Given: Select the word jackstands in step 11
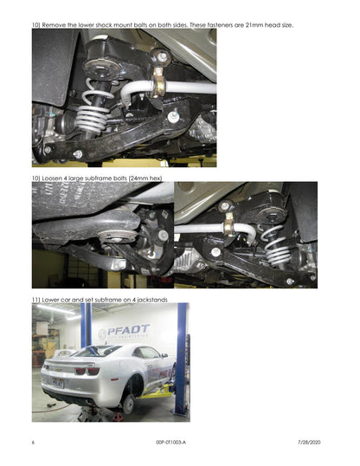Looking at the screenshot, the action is (152, 300).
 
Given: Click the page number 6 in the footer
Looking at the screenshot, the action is (33, 443).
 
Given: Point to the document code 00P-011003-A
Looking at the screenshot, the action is (170, 443).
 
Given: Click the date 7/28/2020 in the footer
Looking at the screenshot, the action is (309, 443).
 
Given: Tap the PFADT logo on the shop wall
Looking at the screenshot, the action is (124, 332).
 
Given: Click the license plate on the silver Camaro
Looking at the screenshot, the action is (58, 383).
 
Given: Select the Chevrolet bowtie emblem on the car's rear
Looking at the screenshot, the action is (60, 370).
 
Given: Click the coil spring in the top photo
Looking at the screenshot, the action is (93, 109).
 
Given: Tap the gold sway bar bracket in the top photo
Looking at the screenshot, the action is (157, 82).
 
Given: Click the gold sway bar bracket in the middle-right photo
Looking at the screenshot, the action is (229, 225).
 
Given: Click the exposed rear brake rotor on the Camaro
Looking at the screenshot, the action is (128, 405).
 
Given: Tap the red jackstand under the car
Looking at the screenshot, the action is (117, 416).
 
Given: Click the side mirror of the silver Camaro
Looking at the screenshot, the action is (164, 355).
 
